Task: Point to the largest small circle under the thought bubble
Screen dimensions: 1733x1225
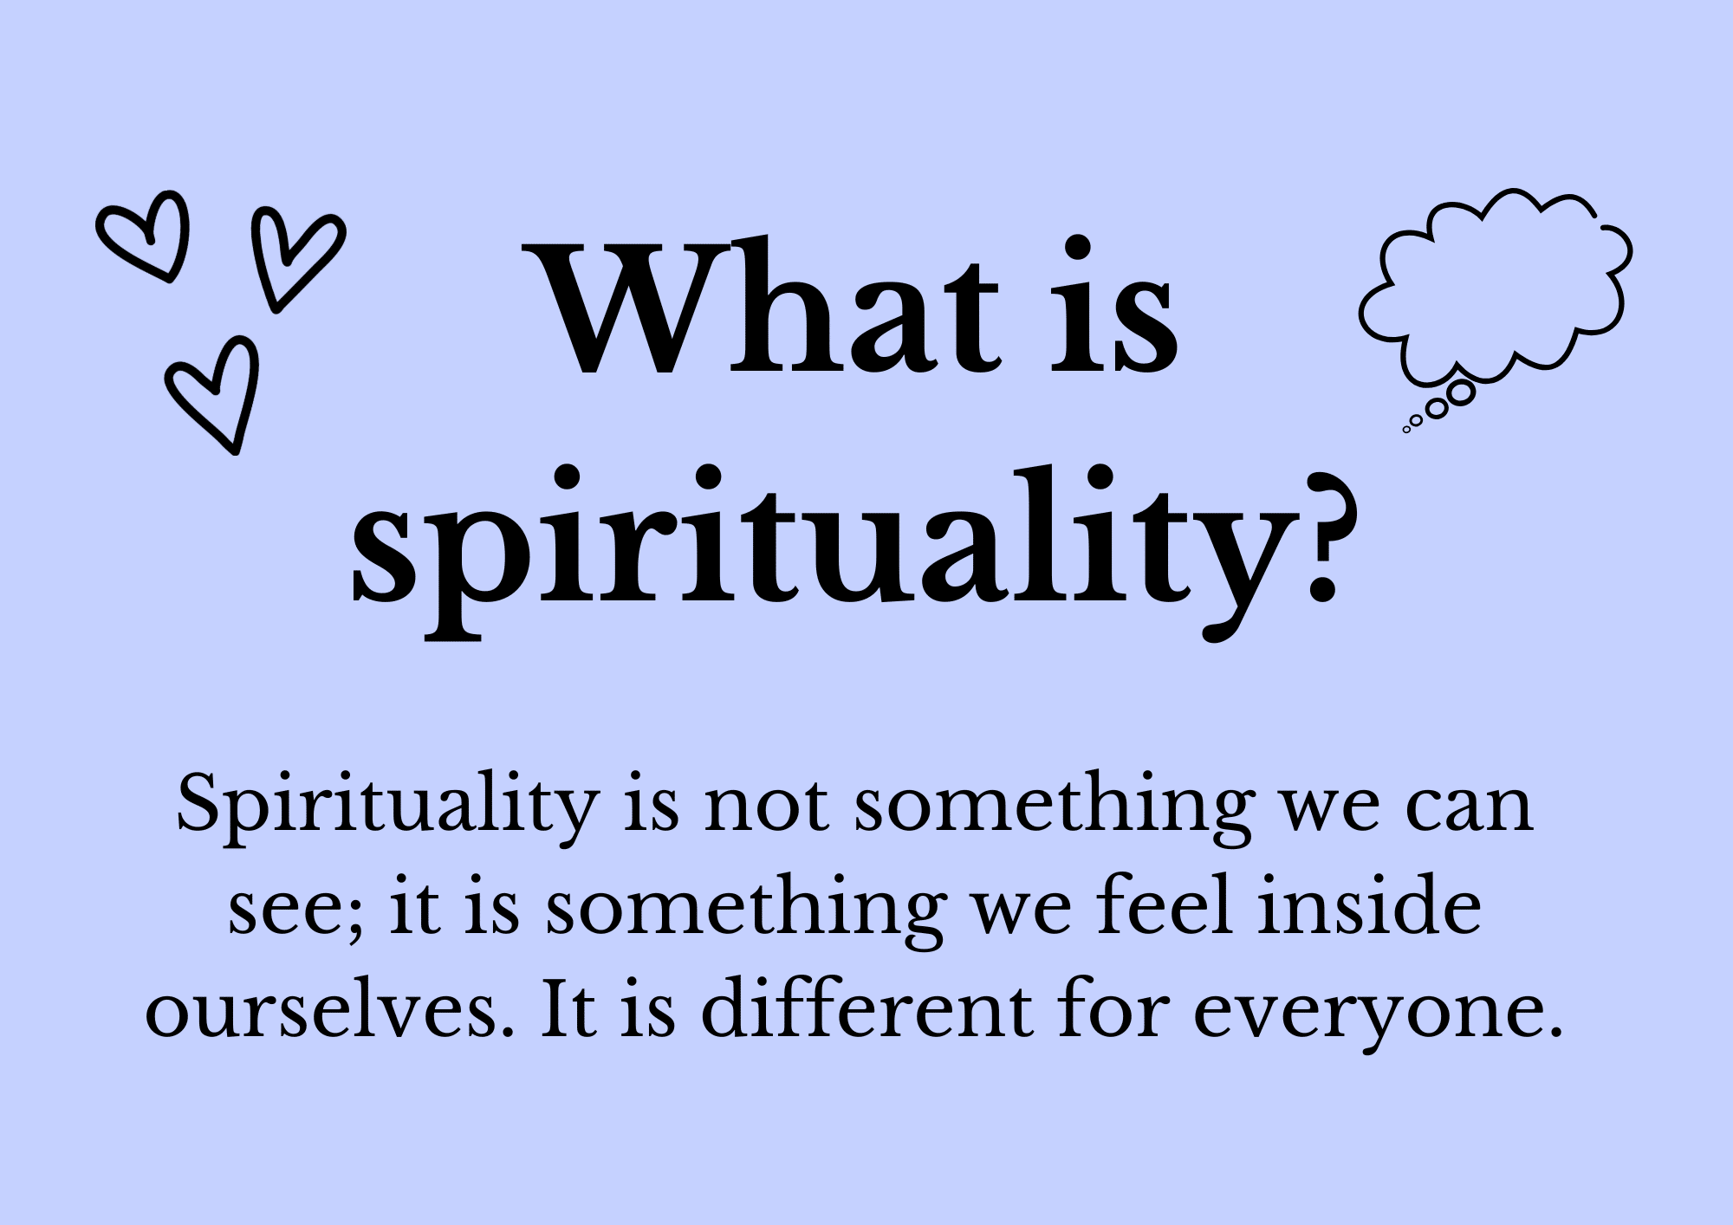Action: [1461, 393]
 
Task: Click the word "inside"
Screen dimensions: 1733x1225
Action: [1370, 906]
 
